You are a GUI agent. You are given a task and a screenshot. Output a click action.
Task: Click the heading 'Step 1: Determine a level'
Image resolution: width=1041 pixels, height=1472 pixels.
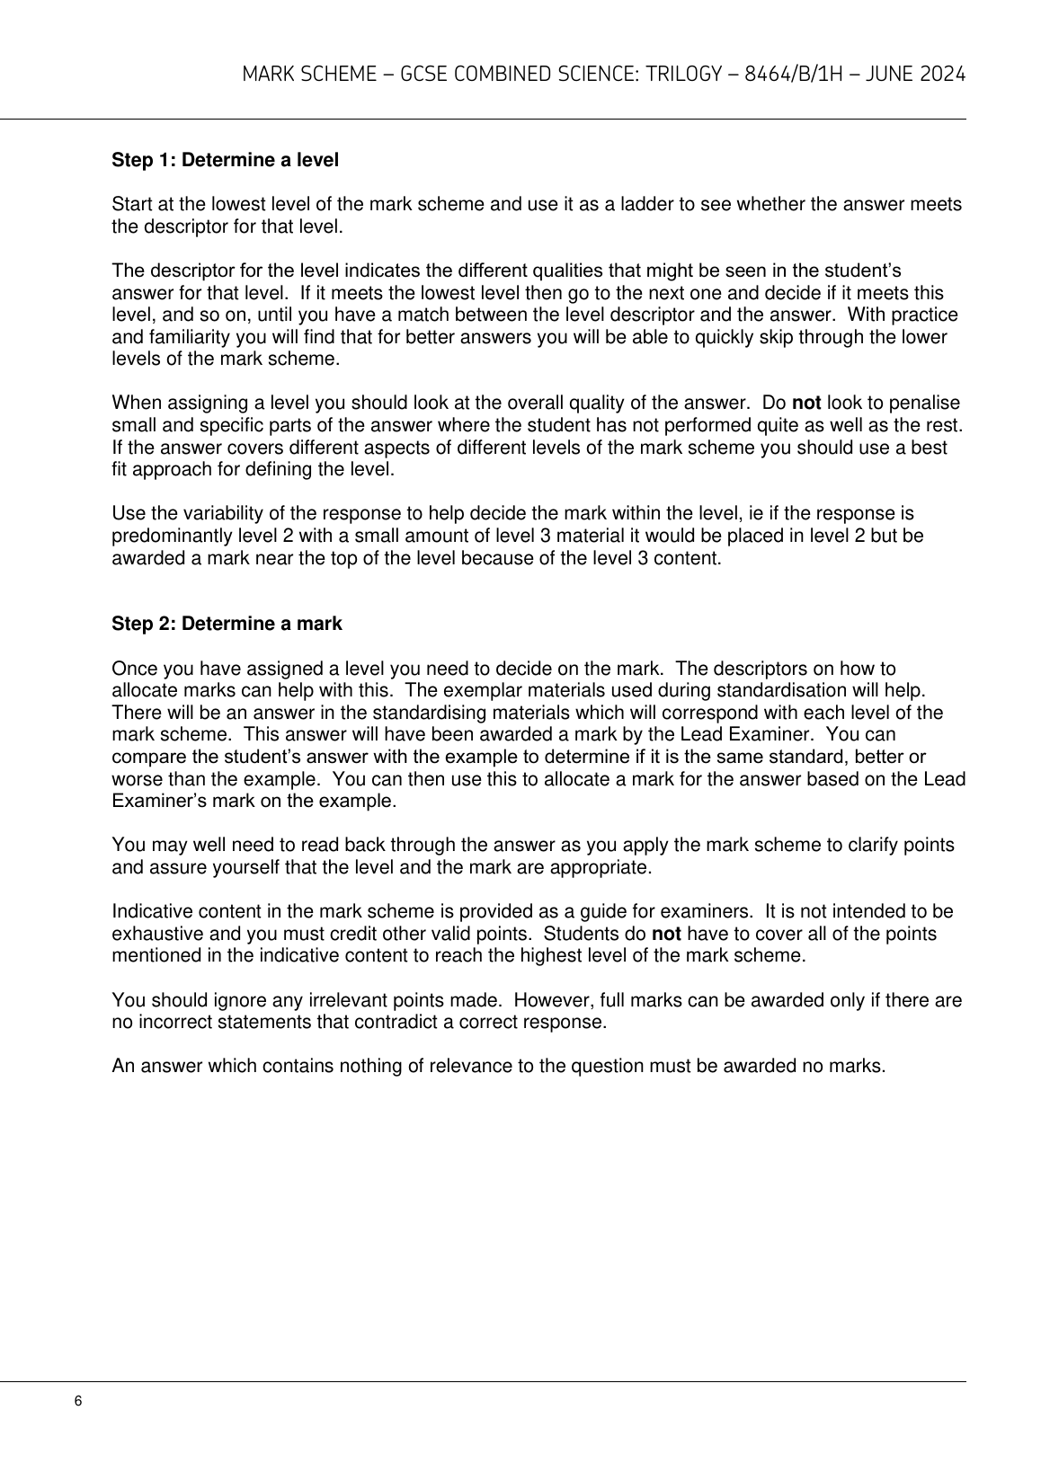[x=225, y=161]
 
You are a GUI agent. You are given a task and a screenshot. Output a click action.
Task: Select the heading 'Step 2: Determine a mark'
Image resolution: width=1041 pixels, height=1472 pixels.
[x=227, y=624]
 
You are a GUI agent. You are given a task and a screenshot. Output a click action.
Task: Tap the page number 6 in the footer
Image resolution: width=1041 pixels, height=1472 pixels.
[x=78, y=1402]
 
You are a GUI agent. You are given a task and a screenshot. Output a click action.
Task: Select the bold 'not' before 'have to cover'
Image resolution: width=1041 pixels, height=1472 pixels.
[x=665, y=934]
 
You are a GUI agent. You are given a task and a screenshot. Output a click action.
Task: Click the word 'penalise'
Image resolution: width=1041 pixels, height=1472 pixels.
[x=928, y=403]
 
